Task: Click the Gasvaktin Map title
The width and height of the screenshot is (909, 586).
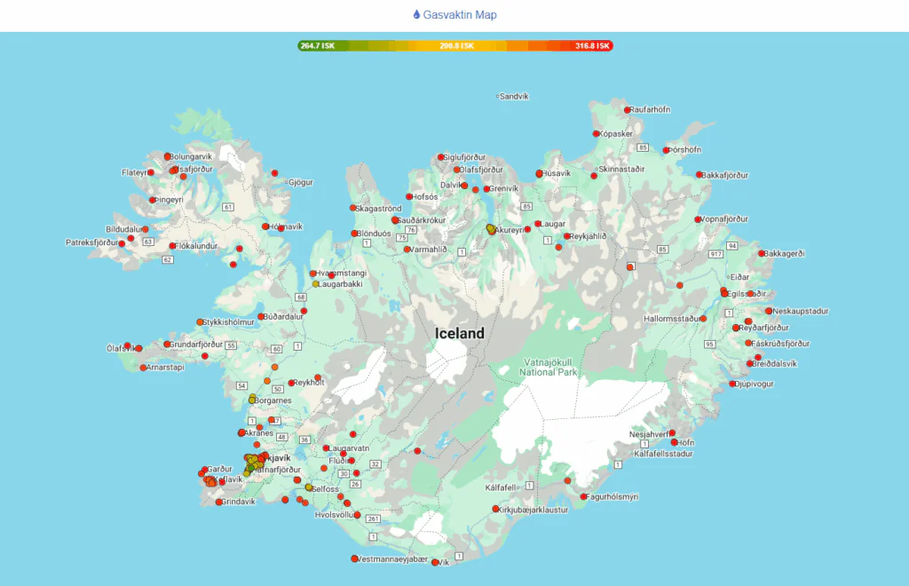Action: point(454,15)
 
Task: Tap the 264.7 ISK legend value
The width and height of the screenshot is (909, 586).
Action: point(318,45)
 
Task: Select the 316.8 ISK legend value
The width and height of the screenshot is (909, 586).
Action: point(592,45)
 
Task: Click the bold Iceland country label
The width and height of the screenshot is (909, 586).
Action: point(460,334)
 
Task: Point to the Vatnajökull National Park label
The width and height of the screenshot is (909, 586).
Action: point(550,367)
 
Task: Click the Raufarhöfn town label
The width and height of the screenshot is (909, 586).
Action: point(651,109)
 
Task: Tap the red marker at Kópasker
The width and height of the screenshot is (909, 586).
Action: point(597,134)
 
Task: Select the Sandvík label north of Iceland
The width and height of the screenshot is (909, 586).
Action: point(514,96)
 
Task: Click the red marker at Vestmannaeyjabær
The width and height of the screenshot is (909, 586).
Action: point(354,559)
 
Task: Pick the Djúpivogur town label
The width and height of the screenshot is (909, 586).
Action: point(755,384)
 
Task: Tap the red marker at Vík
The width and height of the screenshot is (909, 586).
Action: point(435,561)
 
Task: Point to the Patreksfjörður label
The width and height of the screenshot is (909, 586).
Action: point(92,242)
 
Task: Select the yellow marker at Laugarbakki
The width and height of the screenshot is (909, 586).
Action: point(315,284)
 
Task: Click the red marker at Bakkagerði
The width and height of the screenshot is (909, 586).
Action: point(762,253)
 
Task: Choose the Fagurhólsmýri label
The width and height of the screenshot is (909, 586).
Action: point(613,497)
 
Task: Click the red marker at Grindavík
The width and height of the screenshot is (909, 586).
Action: point(219,503)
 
